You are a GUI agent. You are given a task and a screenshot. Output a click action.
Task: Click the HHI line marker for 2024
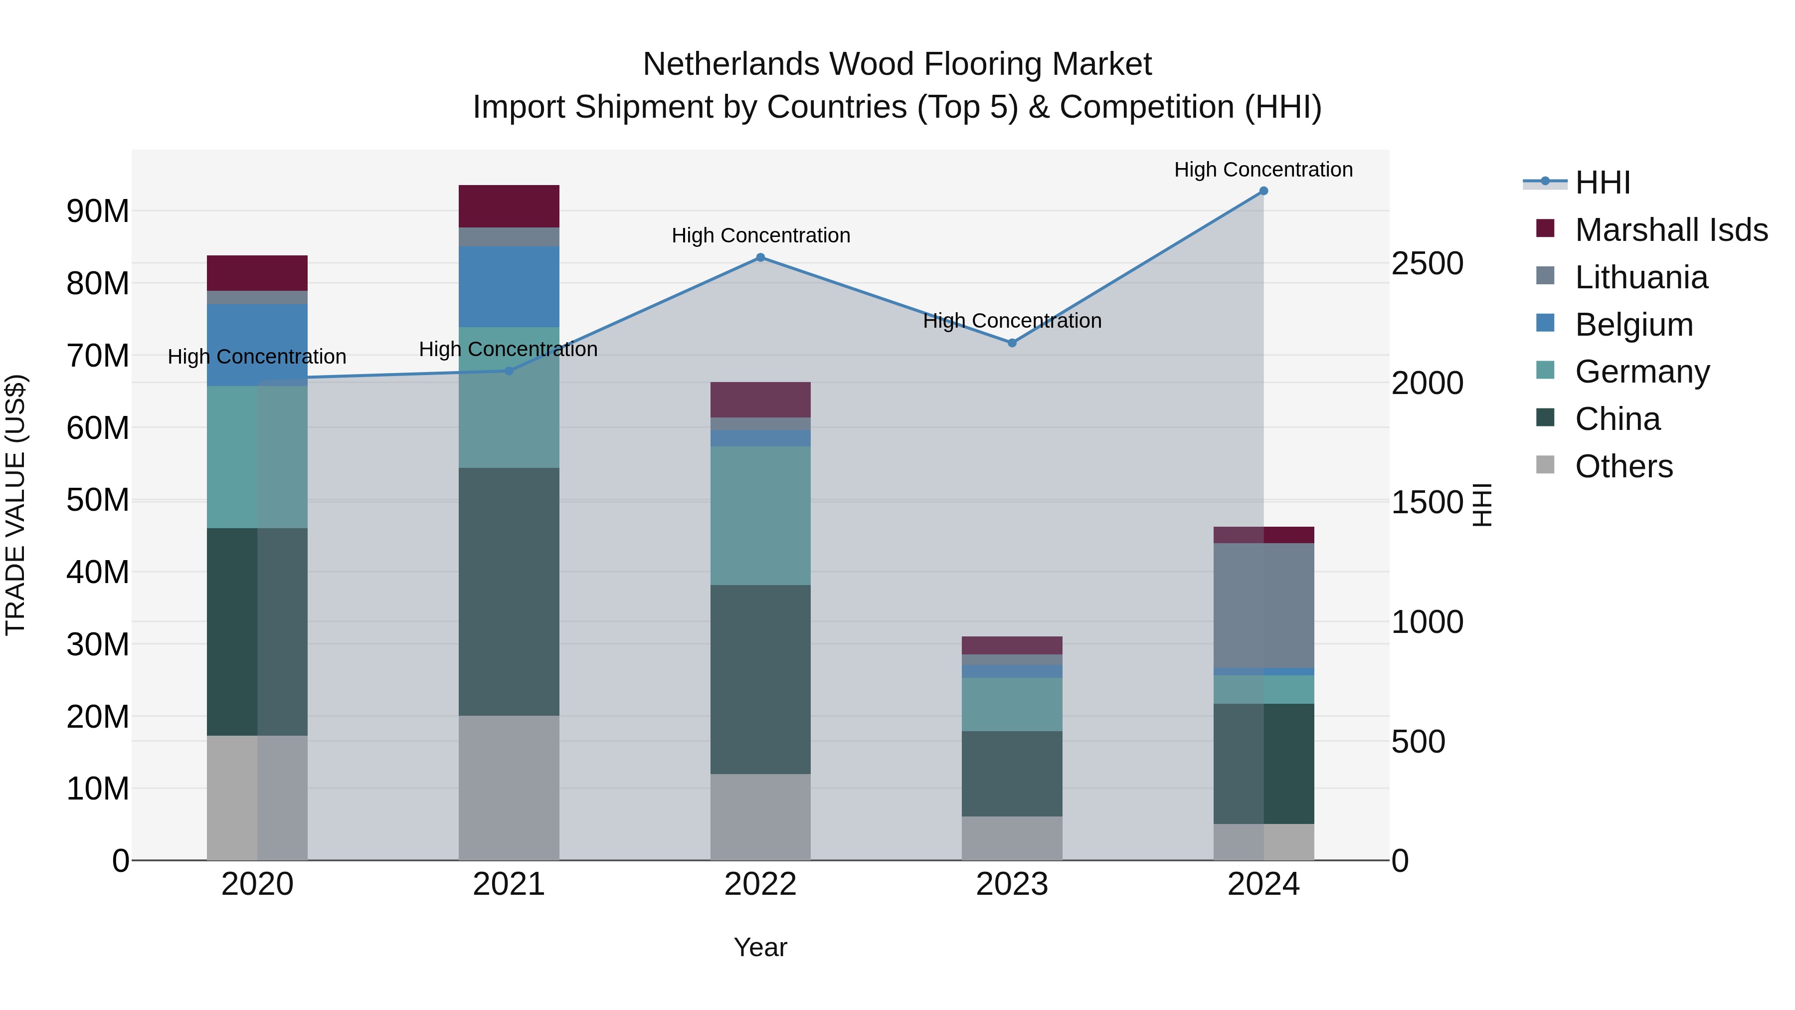[x=1263, y=191]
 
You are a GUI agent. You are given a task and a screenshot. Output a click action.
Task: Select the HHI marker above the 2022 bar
[x=760, y=258]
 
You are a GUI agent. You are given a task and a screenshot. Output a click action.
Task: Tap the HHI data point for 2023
[x=1012, y=343]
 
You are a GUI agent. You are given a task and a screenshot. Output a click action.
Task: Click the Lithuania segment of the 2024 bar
[x=1263, y=605]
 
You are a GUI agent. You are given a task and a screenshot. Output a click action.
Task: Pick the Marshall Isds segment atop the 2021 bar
[x=509, y=206]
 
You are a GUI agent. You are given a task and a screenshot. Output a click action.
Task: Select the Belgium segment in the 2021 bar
[x=509, y=286]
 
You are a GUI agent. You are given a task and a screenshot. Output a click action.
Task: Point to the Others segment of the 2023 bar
[x=1012, y=838]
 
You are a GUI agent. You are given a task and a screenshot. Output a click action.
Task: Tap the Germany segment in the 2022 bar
[x=760, y=515]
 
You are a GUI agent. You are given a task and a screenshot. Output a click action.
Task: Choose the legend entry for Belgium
[x=1633, y=325]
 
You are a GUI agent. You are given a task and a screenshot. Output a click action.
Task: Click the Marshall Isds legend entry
[x=1671, y=230]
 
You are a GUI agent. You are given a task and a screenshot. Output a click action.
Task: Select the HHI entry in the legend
[x=1602, y=183]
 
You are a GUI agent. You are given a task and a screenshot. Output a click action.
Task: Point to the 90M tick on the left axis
[x=98, y=211]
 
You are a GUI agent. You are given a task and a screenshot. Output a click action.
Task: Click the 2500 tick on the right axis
[x=1427, y=264]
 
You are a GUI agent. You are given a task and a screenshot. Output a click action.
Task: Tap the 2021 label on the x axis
[x=509, y=884]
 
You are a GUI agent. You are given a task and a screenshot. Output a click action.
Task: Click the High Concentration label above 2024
[x=1263, y=170]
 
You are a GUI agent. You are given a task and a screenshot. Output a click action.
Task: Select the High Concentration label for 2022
[x=760, y=235]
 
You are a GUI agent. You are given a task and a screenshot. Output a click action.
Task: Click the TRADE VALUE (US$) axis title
[x=15, y=505]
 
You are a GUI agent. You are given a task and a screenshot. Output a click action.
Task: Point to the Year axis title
[x=760, y=947]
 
